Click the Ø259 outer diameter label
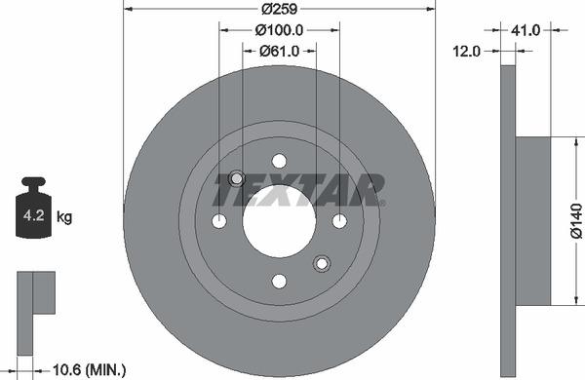point(279,10)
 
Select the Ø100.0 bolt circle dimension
point(279,30)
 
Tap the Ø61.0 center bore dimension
point(279,52)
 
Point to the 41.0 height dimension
point(526,31)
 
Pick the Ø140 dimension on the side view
point(575,220)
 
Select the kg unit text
point(64,216)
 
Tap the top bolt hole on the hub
point(279,161)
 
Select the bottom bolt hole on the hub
point(279,281)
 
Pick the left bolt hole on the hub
point(219,221)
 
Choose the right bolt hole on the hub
point(339,221)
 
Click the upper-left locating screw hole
point(236,178)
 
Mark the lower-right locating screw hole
point(322,263)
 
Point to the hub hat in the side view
point(532,220)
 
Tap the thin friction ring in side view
point(507,220)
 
